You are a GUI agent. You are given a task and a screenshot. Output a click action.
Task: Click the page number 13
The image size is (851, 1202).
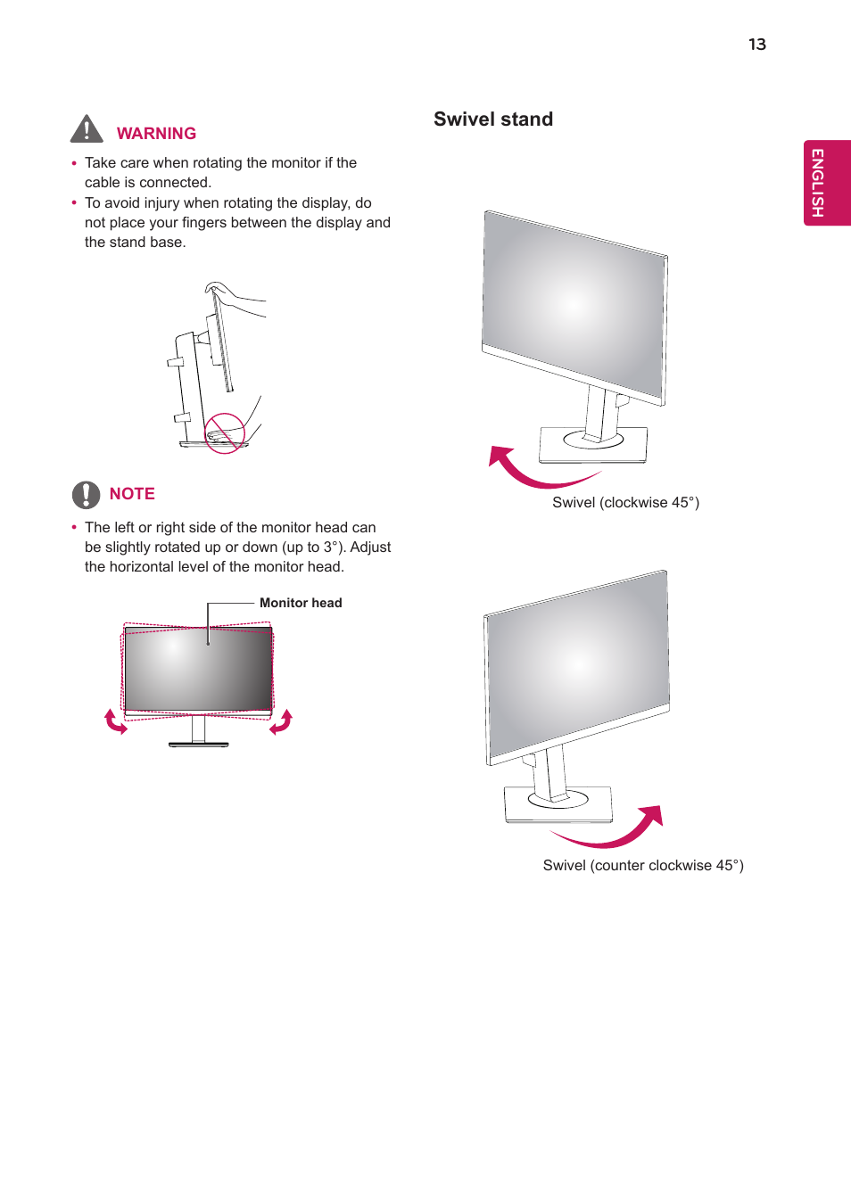(756, 45)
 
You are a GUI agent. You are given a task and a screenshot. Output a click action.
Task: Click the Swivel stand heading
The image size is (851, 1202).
(493, 119)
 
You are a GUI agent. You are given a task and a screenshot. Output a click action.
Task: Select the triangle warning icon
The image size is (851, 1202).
(87, 130)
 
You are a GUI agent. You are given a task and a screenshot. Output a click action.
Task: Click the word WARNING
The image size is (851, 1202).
(156, 134)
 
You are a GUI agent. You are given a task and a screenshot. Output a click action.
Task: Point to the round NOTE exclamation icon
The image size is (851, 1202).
(86, 494)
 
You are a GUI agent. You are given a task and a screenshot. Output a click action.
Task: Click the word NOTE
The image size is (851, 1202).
(132, 494)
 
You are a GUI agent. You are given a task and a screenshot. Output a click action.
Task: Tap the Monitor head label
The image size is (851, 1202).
(301, 604)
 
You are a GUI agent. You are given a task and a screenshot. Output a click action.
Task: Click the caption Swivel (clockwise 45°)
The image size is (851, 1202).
(625, 503)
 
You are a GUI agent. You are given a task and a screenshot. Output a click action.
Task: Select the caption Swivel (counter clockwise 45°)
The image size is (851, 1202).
(642, 866)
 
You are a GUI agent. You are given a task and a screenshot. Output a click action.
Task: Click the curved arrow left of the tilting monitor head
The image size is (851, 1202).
(115, 721)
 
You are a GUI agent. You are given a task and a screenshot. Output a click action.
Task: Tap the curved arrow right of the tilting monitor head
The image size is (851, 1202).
(282, 721)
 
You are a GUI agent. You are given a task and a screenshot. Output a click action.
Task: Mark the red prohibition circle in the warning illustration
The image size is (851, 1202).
(225, 433)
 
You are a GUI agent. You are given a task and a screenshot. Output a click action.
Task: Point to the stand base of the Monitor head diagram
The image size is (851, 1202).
(199, 744)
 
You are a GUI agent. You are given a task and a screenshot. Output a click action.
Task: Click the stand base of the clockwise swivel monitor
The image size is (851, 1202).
(593, 443)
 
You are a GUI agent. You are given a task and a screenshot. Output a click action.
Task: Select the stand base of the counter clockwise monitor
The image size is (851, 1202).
(558, 803)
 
